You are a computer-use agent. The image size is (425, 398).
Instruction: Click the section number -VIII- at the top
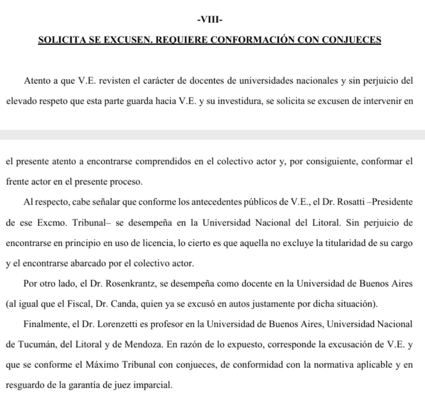tap(210, 20)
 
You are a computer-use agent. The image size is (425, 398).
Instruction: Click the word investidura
tap(237, 101)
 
